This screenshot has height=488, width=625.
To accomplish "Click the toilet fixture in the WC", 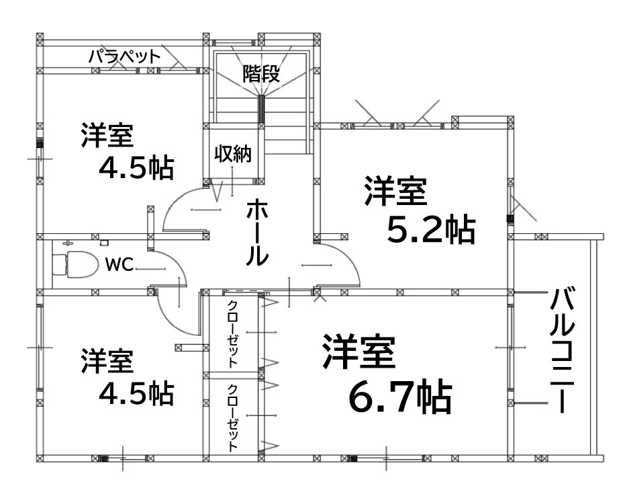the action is coord(75,264).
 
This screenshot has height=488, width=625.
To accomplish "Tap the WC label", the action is coord(119,264).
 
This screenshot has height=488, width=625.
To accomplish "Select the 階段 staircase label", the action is coord(262,74).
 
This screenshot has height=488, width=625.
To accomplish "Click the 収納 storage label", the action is coord(233,153).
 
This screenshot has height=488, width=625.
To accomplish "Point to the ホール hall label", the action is coord(257,233).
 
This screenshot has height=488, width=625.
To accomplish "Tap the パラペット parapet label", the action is coord(124,56).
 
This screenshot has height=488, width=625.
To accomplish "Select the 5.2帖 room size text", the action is coord(431,231).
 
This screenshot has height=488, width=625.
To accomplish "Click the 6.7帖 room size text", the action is coord(400,398).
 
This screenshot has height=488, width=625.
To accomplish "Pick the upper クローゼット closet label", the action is coord(233,333).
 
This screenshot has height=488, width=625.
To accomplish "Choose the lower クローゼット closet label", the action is coord(233,417).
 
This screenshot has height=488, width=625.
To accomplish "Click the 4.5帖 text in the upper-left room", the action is coord(136,168).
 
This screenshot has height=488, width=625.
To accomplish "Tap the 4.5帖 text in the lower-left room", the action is coord(136,393).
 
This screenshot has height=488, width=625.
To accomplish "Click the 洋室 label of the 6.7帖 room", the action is coord(358,352).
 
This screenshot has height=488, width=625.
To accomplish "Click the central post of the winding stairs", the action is coord(261,109).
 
